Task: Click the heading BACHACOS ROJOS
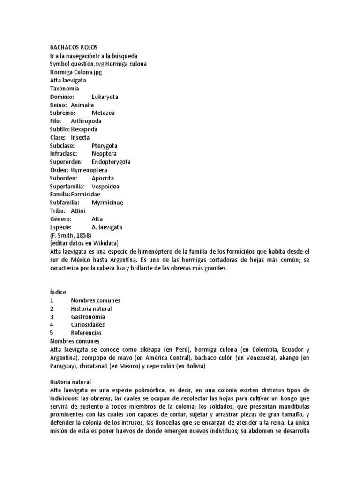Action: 74,47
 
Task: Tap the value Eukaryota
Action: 105,97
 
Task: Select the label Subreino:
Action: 63,113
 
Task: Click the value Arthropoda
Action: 86,121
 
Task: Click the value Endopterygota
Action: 111,162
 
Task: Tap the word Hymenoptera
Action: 89,170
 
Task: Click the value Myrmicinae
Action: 107,202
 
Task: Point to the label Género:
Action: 60,219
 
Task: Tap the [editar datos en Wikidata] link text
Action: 84,243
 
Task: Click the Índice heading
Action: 58,292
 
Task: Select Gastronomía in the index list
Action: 88,316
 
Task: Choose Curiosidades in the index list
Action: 88,324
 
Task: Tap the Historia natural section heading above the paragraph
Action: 70,382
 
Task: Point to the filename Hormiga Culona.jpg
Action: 76,72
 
